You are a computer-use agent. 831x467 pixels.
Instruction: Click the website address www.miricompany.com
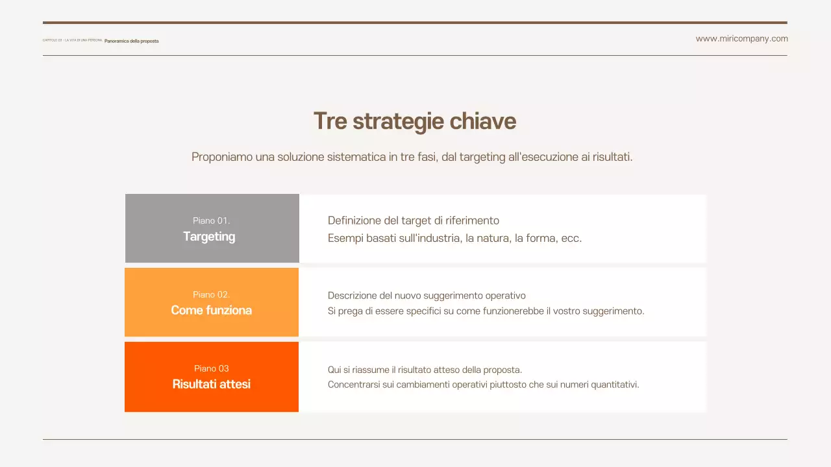pos(741,39)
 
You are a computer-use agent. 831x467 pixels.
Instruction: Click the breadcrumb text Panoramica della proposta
pos(131,41)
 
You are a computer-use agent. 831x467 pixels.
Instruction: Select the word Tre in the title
pos(329,121)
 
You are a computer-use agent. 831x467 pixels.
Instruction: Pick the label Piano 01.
pos(212,221)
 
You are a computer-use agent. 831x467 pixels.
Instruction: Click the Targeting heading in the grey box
pos(209,237)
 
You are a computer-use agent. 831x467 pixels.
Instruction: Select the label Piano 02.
pos(212,294)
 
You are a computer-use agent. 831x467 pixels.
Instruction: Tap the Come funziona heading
pos(212,311)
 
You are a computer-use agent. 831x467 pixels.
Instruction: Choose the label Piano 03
pos(212,368)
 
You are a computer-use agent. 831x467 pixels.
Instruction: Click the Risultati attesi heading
pos(212,385)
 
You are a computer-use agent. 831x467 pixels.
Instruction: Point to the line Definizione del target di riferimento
pos(414,221)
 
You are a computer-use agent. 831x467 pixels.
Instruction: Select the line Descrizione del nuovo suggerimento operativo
pos(427,296)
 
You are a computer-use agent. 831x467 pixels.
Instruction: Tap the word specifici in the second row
pos(423,311)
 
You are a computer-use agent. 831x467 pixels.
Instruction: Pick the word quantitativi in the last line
pos(614,385)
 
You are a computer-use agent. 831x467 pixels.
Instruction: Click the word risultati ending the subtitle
pos(612,157)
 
